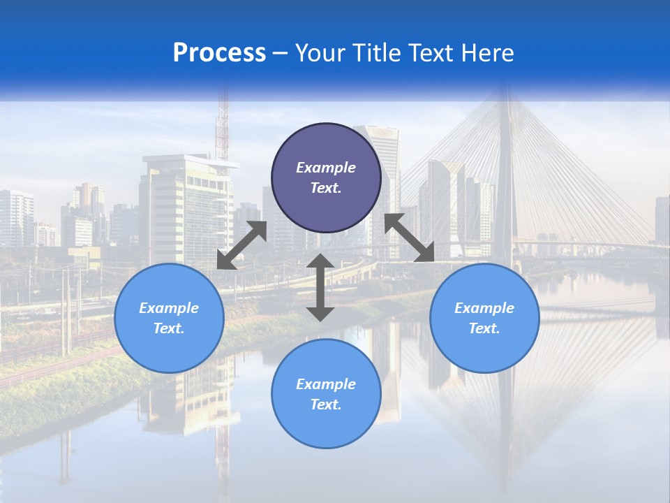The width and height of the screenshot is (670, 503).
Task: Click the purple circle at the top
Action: point(326,177)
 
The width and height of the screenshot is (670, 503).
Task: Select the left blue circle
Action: point(169,318)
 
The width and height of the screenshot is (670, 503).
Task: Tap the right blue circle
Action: point(484,318)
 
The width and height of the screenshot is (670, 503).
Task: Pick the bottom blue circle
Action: point(326,394)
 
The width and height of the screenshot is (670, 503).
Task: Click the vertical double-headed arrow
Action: point(320,287)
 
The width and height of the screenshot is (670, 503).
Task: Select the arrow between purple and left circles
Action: point(241,245)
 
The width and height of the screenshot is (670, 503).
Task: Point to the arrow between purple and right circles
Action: point(410,238)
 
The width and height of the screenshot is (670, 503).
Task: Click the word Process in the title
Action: point(219,53)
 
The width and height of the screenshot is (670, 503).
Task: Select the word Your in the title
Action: point(320,53)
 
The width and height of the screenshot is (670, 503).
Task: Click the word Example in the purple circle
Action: point(326,168)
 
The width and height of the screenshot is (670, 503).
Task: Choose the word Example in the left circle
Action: point(169,308)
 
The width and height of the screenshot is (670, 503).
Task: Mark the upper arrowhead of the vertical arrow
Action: point(320,262)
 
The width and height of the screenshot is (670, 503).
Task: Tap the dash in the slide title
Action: point(281,53)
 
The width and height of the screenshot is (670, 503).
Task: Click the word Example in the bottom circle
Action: point(326,384)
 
